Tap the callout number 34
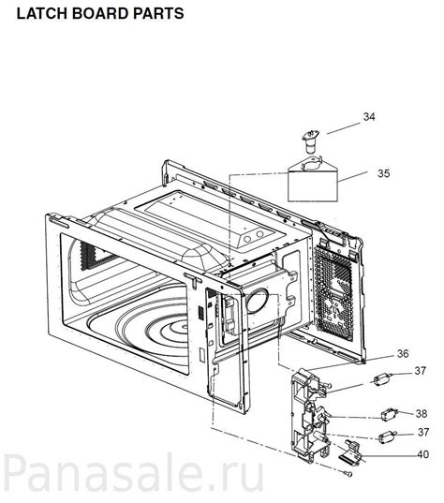pyautogui.click(x=369, y=117)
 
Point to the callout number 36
pyautogui.click(x=376, y=353)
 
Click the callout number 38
pyautogui.click(x=422, y=413)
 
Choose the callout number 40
pyautogui.click(x=422, y=454)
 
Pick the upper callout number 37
pyautogui.click(x=422, y=372)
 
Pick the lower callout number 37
pyautogui.click(x=423, y=432)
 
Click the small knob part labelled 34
pyautogui.click(x=311, y=141)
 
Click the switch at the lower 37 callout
pyautogui.click(x=384, y=436)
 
